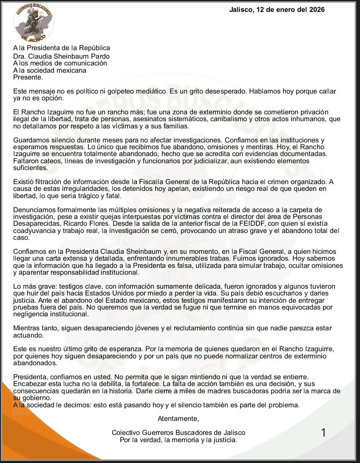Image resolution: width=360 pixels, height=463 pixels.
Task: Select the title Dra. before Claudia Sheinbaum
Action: pos(20,56)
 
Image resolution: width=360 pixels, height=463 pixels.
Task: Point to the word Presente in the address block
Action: pos(28,77)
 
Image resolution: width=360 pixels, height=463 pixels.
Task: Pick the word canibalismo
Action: pos(205,119)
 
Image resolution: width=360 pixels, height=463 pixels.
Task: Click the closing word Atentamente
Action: pos(178,418)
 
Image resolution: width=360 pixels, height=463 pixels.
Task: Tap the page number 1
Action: pos(323,433)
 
